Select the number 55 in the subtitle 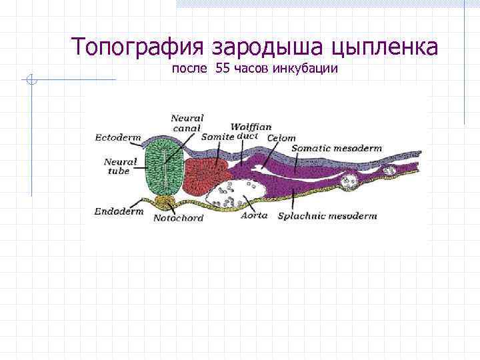(x=223, y=70)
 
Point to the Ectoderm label (x=118, y=138)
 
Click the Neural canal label (x=187, y=123)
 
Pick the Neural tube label (x=121, y=165)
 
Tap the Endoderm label (x=119, y=211)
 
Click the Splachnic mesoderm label (x=327, y=215)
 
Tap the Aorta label (x=254, y=215)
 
